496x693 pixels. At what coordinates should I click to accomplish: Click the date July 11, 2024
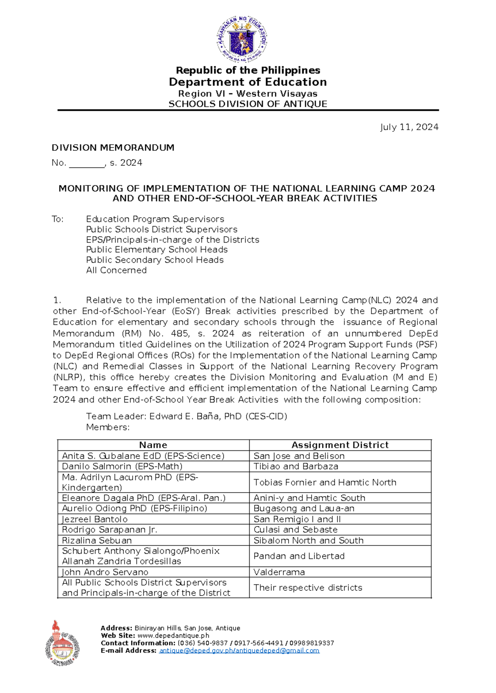[409, 127]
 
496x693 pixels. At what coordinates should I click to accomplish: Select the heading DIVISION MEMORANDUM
[113, 148]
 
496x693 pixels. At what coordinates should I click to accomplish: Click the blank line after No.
[87, 164]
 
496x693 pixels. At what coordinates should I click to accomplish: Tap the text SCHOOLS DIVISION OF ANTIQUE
[248, 104]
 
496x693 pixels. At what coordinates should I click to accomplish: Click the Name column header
[153, 445]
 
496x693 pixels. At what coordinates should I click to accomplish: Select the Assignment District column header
[340, 445]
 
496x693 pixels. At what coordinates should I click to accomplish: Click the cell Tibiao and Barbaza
[296, 467]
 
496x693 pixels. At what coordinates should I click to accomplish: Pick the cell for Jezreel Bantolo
[95, 519]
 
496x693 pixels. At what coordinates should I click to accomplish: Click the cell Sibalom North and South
[308, 541]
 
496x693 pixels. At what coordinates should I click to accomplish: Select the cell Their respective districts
[308, 588]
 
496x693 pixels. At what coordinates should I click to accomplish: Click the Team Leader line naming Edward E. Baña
[186, 417]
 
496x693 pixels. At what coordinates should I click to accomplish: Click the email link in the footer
[239, 651]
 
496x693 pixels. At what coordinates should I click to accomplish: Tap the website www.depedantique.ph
[173, 636]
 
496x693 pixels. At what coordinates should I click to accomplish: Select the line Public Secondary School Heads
[155, 260]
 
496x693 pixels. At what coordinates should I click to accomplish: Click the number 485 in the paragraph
[179, 333]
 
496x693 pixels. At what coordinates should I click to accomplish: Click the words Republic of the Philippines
[248, 70]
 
